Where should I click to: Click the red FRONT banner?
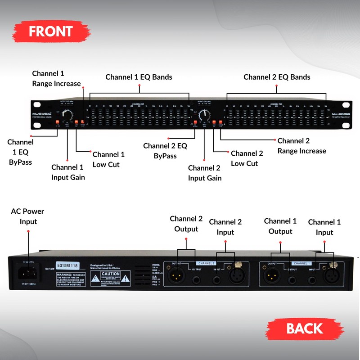[x=50, y=31]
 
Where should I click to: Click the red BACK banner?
[x=305, y=328]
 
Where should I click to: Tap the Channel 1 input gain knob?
[x=67, y=116]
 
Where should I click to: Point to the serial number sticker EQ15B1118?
[x=67, y=265]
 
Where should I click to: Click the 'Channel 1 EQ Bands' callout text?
[x=139, y=77]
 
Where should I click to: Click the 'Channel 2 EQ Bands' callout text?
[x=277, y=77]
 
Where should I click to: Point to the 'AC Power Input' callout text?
[x=27, y=216]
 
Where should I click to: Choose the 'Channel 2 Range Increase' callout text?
[x=301, y=146]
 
